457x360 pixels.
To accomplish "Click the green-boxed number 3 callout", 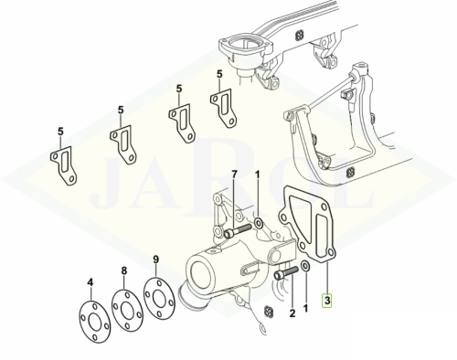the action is click(x=327, y=301).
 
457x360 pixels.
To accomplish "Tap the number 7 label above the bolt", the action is click(x=234, y=175).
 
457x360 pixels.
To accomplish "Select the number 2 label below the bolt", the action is click(x=292, y=313).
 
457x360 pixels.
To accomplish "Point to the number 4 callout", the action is click(x=90, y=282).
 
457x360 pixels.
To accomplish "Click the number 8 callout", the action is click(x=124, y=270).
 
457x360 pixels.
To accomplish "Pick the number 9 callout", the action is click(x=155, y=259).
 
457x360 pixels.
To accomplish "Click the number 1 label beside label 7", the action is click(x=258, y=175).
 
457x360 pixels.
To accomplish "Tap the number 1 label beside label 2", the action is click(x=306, y=308).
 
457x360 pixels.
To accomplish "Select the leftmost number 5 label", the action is click(x=60, y=132).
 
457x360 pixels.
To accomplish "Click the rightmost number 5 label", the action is click(x=219, y=74).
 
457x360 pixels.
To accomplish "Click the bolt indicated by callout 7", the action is click(x=238, y=231).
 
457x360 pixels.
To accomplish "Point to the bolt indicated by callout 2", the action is click(x=286, y=272).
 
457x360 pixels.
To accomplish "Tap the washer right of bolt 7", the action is click(x=259, y=224).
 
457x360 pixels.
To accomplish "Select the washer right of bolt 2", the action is click(x=305, y=266).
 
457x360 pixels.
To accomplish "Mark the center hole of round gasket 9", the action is click(x=159, y=299).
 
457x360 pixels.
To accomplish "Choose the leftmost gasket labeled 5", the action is click(x=64, y=164).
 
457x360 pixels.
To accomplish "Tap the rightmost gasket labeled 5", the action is click(x=224, y=108).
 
